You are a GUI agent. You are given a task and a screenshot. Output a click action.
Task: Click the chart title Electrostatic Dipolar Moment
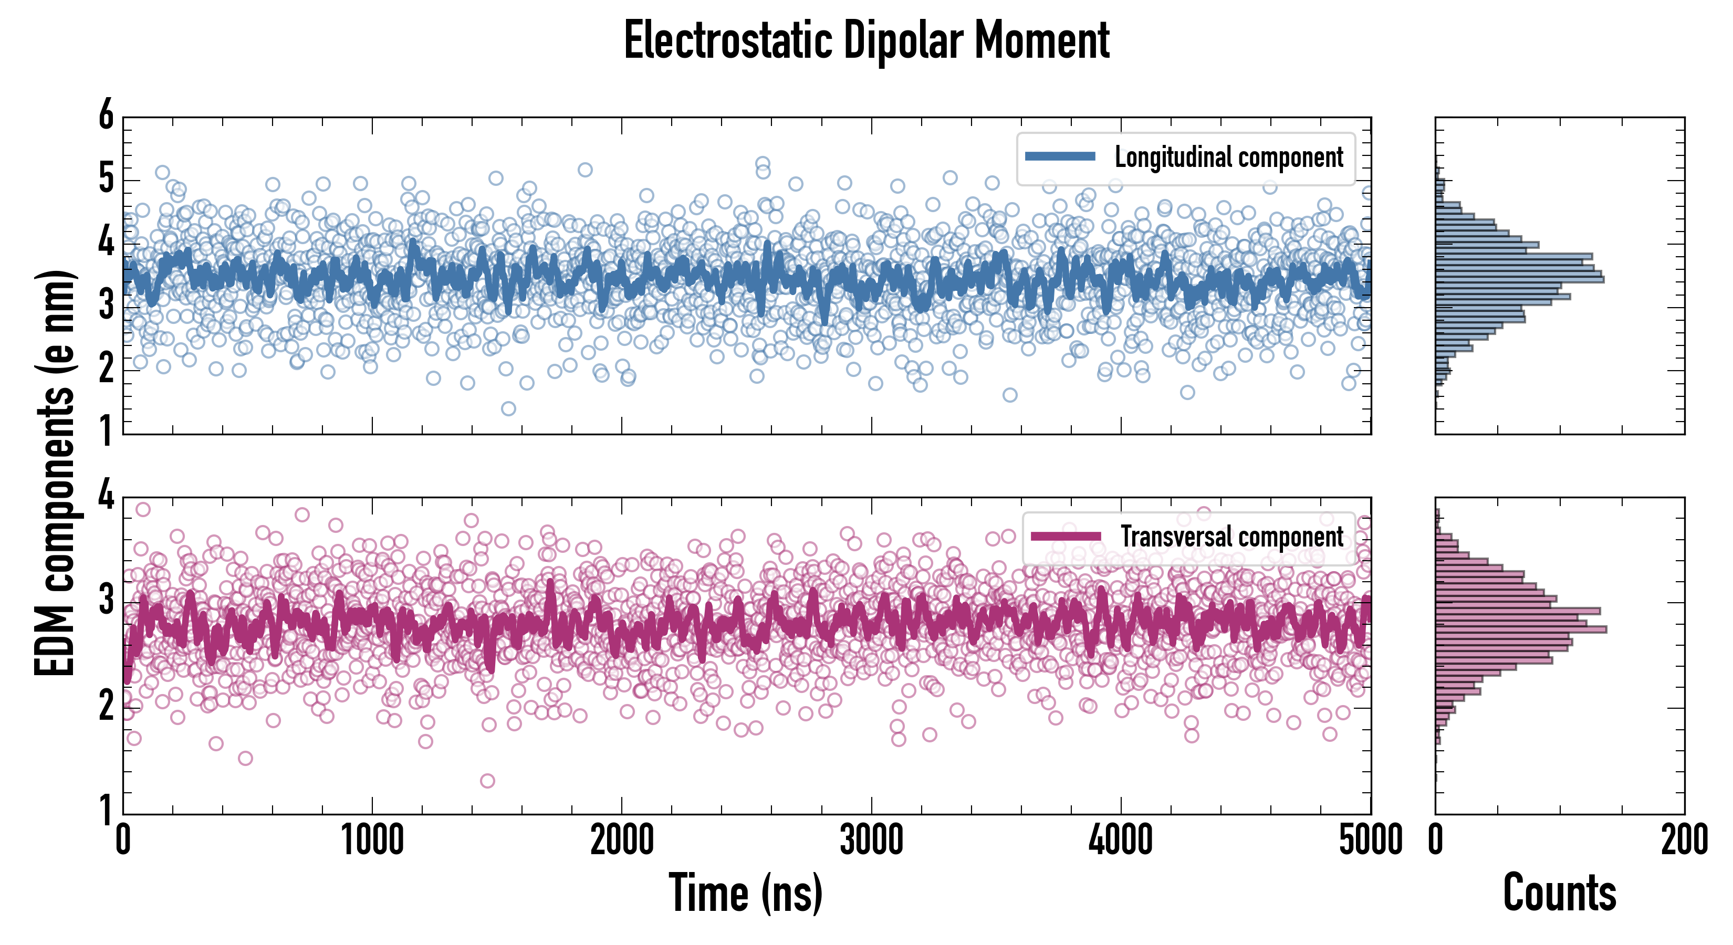coord(866,40)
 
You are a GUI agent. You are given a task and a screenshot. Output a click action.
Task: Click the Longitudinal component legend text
coord(1228,157)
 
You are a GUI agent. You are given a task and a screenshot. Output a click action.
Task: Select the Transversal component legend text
coord(1232,537)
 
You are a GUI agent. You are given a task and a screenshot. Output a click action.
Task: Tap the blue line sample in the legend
coord(1060,157)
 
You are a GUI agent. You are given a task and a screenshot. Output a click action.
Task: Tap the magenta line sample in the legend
coord(1066,536)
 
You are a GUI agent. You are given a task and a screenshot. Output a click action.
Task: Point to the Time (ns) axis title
coord(745,892)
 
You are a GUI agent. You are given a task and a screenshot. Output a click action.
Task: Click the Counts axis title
coord(1559,892)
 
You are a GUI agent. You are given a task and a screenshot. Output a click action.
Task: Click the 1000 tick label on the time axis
coord(372,841)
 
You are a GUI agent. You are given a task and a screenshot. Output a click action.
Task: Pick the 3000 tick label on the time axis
coord(871,841)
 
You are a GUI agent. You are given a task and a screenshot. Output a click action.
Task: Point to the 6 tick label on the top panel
coord(106,115)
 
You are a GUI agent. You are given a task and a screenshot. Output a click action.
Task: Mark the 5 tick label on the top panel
coord(106,179)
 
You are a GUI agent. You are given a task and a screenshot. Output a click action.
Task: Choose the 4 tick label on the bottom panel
coord(106,496)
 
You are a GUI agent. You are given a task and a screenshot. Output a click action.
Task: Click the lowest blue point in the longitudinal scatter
coord(508,408)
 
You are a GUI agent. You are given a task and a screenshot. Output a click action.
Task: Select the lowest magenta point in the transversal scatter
coord(488,780)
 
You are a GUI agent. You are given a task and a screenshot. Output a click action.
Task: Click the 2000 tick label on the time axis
coord(622,841)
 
